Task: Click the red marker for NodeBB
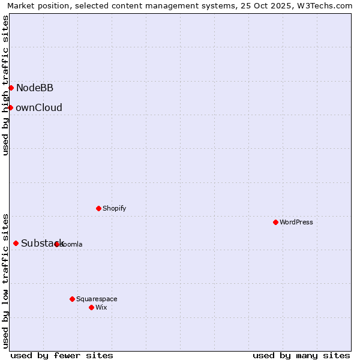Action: pos(11,88)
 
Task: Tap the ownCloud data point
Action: pos(10,107)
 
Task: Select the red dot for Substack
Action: pos(16,243)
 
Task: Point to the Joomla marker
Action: pos(56,244)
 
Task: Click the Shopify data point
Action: pos(98,208)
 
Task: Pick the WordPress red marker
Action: pos(275,222)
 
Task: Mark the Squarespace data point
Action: pos(72,299)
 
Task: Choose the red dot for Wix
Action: pos(91,307)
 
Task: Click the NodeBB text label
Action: pos(35,88)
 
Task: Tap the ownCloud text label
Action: pos(39,108)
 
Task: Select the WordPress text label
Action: pos(296,222)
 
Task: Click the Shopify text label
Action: pos(114,208)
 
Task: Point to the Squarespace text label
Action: pos(97,299)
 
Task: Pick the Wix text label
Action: pos(101,307)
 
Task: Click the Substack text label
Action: pos(42,243)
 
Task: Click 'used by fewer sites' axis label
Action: pos(62,355)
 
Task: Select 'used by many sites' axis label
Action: pos(301,355)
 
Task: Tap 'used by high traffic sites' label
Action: pos(5,86)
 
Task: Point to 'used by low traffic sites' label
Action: pos(5,281)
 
